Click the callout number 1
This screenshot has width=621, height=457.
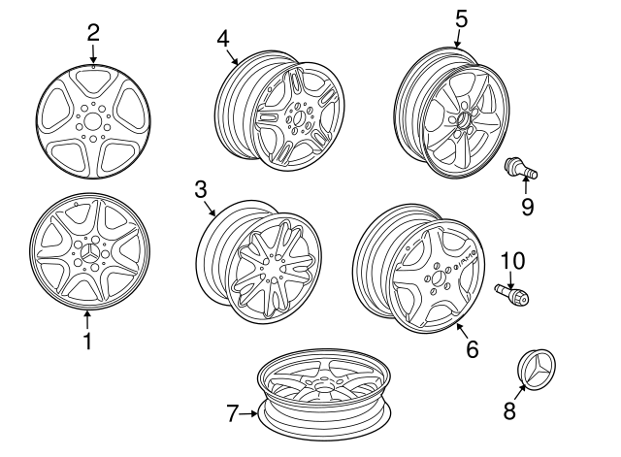tap(87, 342)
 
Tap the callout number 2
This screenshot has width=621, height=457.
tap(93, 33)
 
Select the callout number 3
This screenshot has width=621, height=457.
tap(201, 189)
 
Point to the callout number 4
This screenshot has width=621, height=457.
tap(223, 39)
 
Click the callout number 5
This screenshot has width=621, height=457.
tap(462, 19)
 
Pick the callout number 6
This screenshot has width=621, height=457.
tap(473, 349)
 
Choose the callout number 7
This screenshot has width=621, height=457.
tap(234, 413)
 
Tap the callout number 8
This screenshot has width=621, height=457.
tap(509, 410)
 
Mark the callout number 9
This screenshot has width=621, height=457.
tap(527, 207)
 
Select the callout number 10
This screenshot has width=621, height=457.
tap(513, 260)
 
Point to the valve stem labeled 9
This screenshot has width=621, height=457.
tap(521, 170)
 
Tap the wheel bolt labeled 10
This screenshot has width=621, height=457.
tap(511, 295)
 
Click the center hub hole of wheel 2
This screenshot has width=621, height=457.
tap(92, 120)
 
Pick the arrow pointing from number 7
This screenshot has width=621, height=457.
tap(248, 413)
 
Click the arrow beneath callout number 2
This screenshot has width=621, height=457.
tap(93, 54)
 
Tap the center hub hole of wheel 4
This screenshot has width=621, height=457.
tap(300, 117)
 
